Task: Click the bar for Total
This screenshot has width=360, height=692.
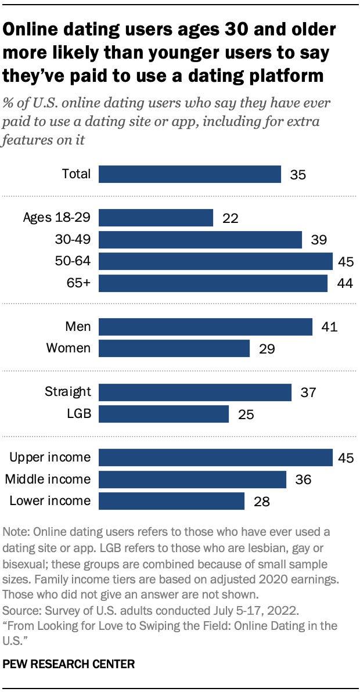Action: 190,174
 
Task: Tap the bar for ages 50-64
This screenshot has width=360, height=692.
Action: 215,261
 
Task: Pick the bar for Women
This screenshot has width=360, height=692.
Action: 174,348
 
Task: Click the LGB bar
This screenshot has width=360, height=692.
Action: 164,414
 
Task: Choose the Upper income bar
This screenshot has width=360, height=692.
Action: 215,457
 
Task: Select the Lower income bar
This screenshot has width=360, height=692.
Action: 171,501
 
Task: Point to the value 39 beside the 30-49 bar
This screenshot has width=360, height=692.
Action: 319,240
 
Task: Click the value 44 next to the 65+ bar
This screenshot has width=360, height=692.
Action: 344,283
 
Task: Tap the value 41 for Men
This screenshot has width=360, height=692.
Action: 329,327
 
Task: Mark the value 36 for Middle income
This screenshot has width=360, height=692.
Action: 303,480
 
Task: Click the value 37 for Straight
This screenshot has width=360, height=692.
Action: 308,392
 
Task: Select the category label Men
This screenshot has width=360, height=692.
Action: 78,327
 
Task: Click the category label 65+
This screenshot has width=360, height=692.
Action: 79,283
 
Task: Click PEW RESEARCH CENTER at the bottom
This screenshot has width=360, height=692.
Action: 69,664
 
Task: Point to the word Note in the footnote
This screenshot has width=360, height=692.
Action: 14,532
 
